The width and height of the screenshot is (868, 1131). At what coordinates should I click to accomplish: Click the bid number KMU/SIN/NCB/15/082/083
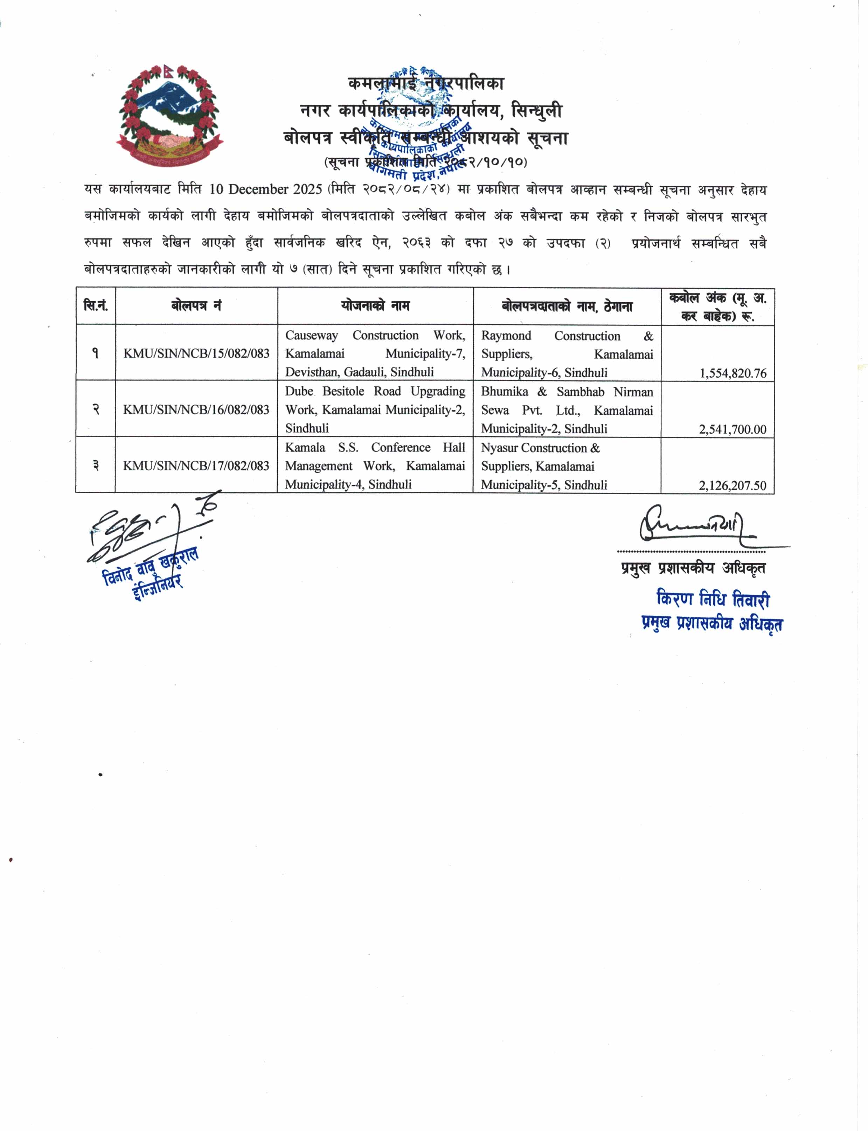click(x=196, y=353)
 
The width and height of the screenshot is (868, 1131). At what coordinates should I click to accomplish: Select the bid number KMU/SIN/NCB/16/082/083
click(x=196, y=410)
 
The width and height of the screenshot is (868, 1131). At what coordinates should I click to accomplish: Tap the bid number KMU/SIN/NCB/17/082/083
click(x=196, y=466)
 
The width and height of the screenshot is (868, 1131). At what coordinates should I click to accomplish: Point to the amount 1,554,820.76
click(x=732, y=373)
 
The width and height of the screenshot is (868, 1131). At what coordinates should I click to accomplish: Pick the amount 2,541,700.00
click(x=732, y=429)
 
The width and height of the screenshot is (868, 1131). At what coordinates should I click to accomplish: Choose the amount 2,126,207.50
click(x=732, y=485)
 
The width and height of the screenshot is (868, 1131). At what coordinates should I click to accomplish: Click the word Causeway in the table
click(x=312, y=336)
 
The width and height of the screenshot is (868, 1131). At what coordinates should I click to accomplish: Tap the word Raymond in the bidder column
click(x=506, y=336)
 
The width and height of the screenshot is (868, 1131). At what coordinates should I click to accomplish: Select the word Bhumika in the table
click(x=504, y=392)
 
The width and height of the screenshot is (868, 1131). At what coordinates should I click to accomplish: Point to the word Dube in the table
click(x=299, y=391)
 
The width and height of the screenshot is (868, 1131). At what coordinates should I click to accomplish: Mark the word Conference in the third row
click(x=401, y=448)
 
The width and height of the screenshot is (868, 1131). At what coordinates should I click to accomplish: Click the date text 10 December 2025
click(x=265, y=189)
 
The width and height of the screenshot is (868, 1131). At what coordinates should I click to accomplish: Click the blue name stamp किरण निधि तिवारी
click(x=713, y=599)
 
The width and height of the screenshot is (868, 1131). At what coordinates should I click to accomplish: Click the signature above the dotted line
click(x=692, y=525)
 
